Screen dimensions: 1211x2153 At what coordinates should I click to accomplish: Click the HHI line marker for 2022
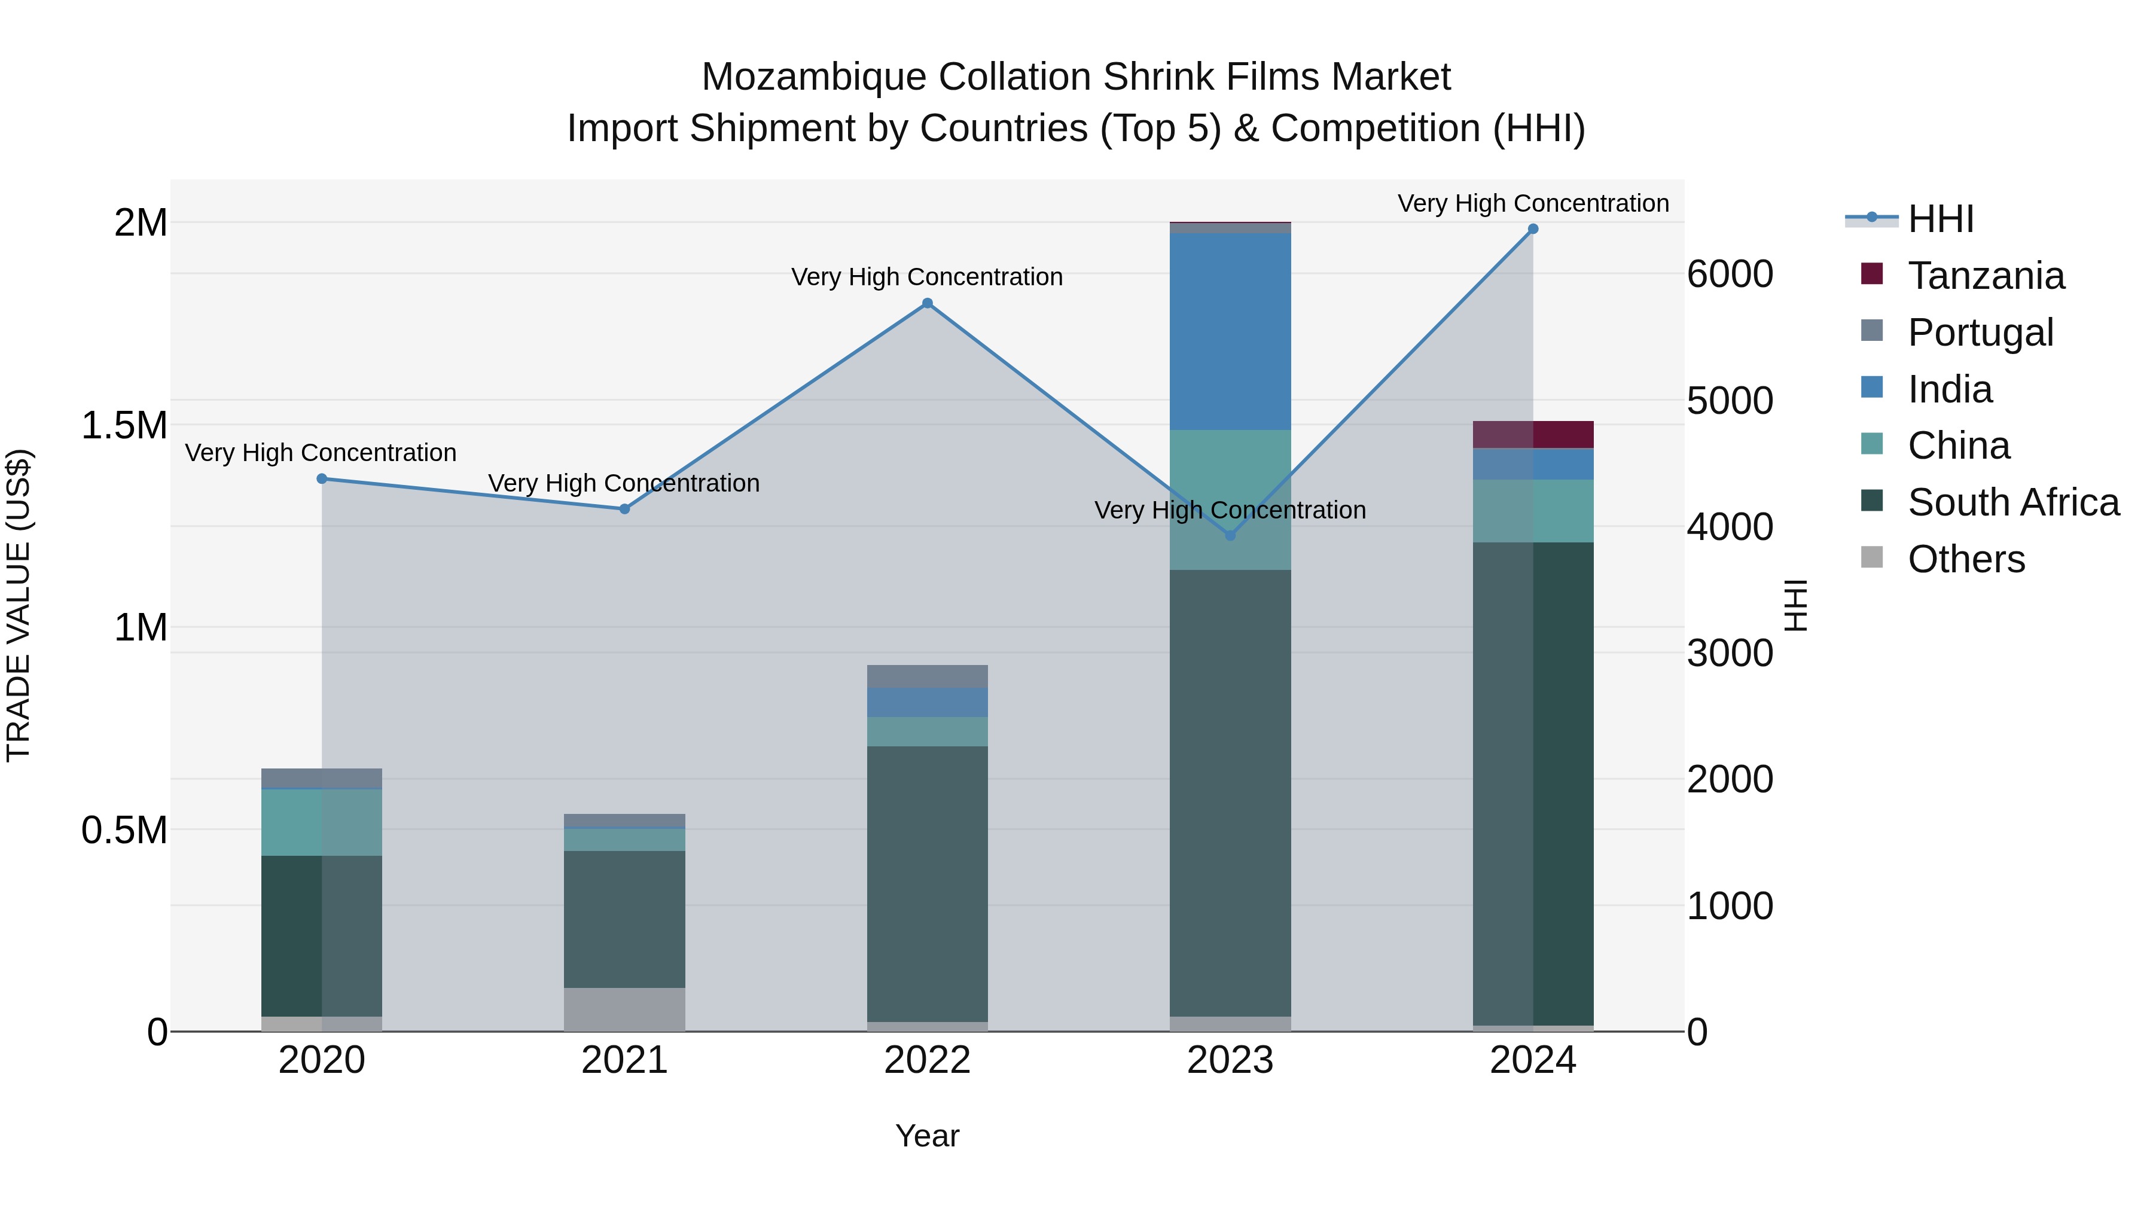pyautogui.click(x=927, y=303)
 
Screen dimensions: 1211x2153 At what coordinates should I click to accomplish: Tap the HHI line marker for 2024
pyautogui.click(x=1533, y=229)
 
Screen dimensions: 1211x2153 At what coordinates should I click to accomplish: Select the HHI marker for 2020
pyautogui.click(x=322, y=479)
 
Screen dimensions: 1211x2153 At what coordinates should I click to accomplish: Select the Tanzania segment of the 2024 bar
pyautogui.click(x=1533, y=435)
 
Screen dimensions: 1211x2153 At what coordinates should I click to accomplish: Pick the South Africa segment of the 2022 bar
pyautogui.click(x=927, y=883)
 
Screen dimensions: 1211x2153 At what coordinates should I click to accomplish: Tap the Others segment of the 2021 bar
pyautogui.click(x=624, y=1009)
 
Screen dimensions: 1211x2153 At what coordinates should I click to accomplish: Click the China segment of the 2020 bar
pyautogui.click(x=322, y=822)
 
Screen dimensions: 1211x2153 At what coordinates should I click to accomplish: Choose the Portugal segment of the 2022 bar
pyautogui.click(x=927, y=676)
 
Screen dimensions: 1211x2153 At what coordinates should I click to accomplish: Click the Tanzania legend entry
pyautogui.click(x=1985, y=276)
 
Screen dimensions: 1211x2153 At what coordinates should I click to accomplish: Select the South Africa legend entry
pyautogui.click(x=2012, y=502)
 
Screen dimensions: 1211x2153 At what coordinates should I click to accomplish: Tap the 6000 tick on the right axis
pyautogui.click(x=1729, y=274)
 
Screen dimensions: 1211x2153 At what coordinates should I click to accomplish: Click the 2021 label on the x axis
pyautogui.click(x=624, y=1060)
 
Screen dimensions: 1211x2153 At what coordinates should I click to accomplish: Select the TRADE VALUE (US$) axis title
pyautogui.click(x=19, y=605)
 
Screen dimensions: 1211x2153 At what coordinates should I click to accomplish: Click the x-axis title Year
pyautogui.click(x=927, y=1136)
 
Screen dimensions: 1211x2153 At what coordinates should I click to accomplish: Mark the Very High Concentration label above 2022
pyautogui.click(x=927, y=277)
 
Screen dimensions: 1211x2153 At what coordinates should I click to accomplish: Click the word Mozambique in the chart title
pyautogui.click(x=814, y=77)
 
